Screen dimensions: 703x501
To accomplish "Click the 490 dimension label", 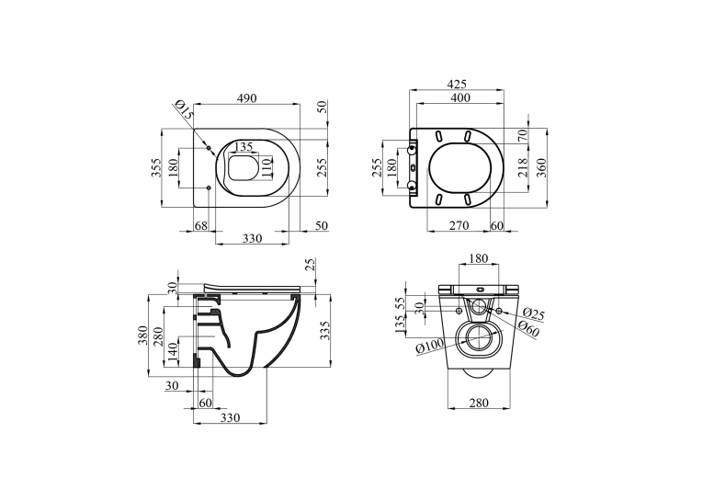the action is click(246, 97).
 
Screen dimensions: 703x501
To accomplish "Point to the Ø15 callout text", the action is click(184, 109).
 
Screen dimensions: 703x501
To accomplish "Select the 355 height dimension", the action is click(155, 167).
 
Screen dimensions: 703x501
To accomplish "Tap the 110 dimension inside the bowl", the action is click(267, 168).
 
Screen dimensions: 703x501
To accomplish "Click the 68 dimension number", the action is click(201, 225).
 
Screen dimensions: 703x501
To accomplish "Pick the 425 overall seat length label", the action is click(457, 84).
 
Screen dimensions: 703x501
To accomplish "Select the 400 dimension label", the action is click(460, 97).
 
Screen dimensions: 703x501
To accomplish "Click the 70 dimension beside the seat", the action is click(523, 134).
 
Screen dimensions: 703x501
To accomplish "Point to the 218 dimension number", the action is click(523, 167).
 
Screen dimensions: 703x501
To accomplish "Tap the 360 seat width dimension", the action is click(541, 167).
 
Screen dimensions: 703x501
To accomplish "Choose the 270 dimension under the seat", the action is click(459, 225).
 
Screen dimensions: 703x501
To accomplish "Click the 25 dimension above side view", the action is click(311, 265).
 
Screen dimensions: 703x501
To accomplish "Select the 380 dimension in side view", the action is click(142, 335).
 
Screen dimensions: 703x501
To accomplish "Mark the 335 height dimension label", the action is click(325, 330).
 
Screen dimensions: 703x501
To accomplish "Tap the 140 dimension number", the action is click(173, 347).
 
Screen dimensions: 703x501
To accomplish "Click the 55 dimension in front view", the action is click(401, 303).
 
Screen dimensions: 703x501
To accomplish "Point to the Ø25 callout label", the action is click(534, 314).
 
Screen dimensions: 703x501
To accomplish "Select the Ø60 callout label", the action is click(527, 330).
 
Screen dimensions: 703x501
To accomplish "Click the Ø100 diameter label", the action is click(429, 347).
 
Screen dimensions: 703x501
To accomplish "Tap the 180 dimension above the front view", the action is click(479, 258).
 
